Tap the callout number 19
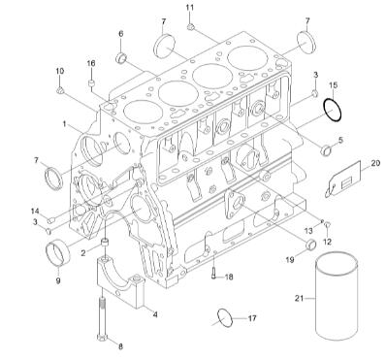click(x=290, y=261)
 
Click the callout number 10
click(x=60, y=71)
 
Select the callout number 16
click(x=93, y=63)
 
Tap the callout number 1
click(x=65, y=124)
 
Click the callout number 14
click(x=34, y=211)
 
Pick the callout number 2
click(x=85, y=251)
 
